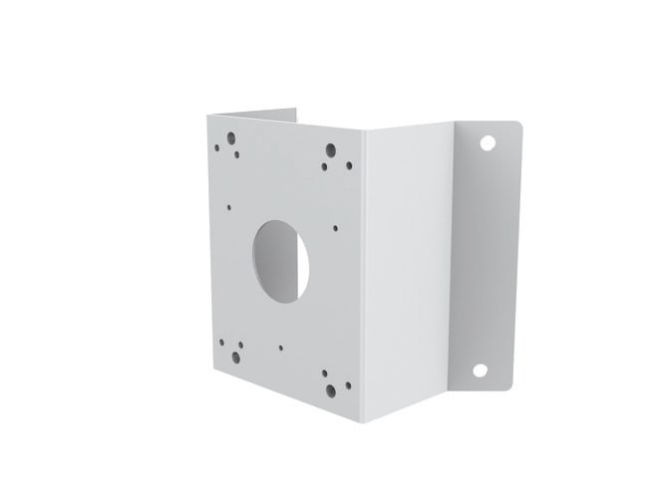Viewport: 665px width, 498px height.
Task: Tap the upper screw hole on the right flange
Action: [488, 141]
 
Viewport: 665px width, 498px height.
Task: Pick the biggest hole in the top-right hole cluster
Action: [331, 150]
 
